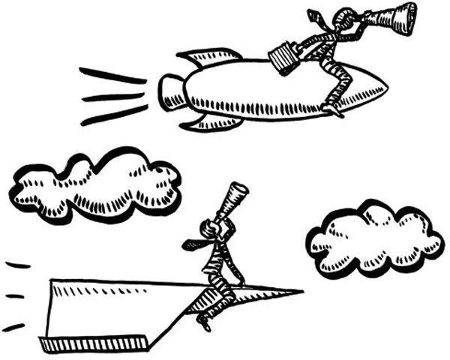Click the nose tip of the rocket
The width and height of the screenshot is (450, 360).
pos(386,88)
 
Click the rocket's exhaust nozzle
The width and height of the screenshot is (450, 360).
pos(166,92)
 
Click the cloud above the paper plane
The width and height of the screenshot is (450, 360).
pos(95,184)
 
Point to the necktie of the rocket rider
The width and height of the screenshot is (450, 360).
pos(319,16)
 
